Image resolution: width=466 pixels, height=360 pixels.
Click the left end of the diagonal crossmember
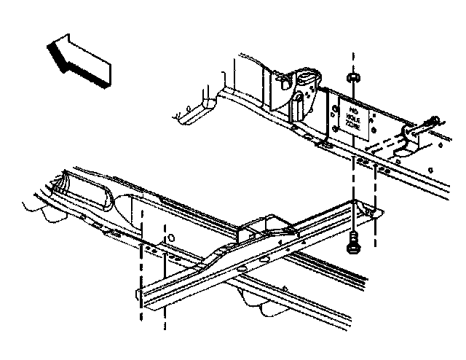(140, 296)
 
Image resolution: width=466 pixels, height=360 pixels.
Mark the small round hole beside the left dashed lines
(170, 237)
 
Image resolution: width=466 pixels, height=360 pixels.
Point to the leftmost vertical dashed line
(141, 262)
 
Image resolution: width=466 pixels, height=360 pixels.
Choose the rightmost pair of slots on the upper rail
(383, 169)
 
